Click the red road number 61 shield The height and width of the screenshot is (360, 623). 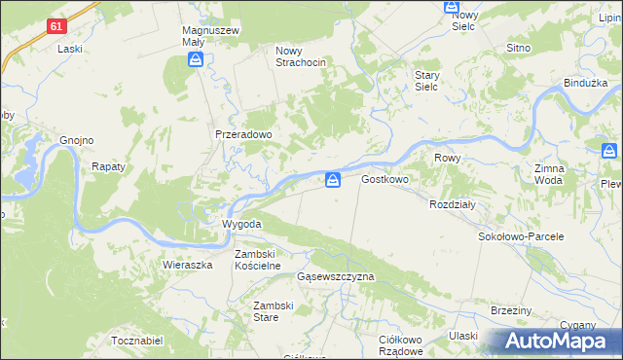(x=56, y=27)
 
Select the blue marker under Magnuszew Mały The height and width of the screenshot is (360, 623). (x=196, y=61)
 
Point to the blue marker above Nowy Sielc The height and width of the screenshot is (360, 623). (x=452, y=7)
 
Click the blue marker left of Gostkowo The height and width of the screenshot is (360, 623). (x=333, y=179)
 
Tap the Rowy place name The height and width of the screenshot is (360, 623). (x=448, y=158)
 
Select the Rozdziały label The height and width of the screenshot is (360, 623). (x=452, y=204)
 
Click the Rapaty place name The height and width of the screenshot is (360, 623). (x=109, y=166)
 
